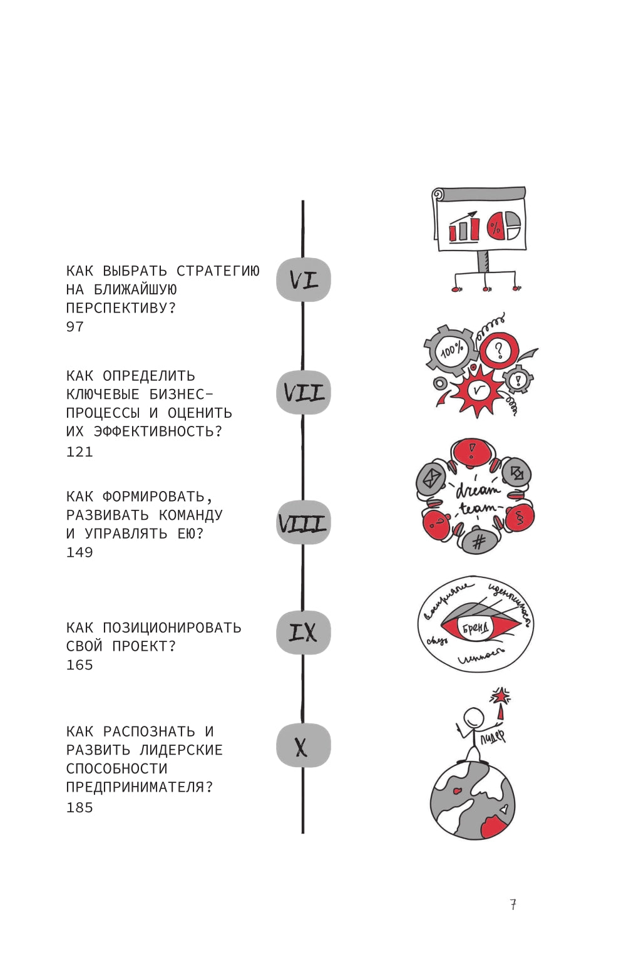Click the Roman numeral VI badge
[304, 279]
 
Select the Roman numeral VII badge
[304, 393]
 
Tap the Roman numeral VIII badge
[304, 522]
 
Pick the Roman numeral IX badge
[304, 633]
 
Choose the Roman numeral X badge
[304, 745]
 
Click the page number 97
[74, 327]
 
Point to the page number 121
[80, 452]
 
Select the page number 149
[80, 552]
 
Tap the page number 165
[80, 665]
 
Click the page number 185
[80, 808]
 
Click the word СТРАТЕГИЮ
[218, 271]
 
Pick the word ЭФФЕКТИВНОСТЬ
[158, 432]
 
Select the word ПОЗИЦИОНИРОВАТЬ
[172, 628]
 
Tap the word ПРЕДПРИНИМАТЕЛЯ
[139, 787]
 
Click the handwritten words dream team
[477, 499]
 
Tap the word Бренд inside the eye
[476, 628]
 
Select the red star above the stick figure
[500, 695]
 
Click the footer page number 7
[513, 904]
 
